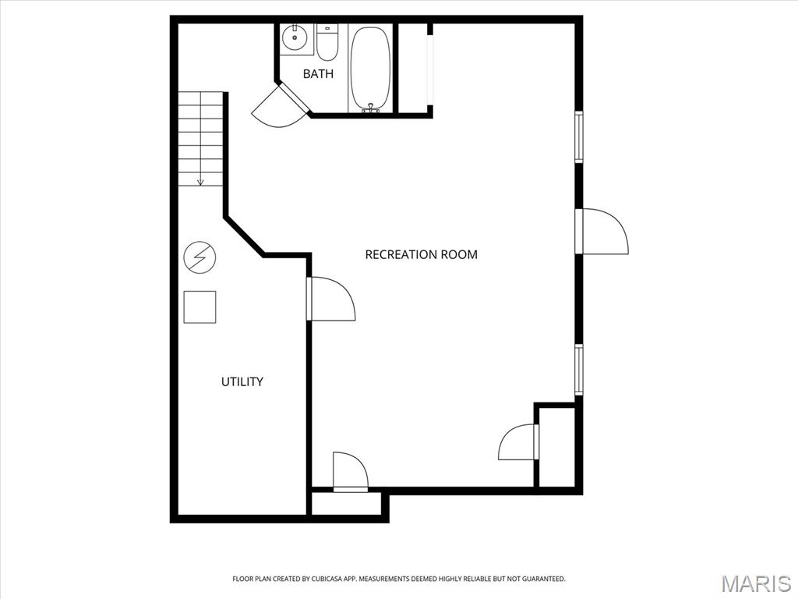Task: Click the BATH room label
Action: coord(318,74)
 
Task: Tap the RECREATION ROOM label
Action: coord(421,254)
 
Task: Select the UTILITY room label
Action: coord(242,381)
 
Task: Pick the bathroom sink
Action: coord(296,37)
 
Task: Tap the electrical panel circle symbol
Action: coord(199,257)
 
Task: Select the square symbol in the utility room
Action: coord(199,307)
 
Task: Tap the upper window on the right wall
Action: coord(579,136)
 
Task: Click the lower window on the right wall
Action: coord(579,369)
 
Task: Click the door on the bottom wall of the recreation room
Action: coord(350,472)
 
